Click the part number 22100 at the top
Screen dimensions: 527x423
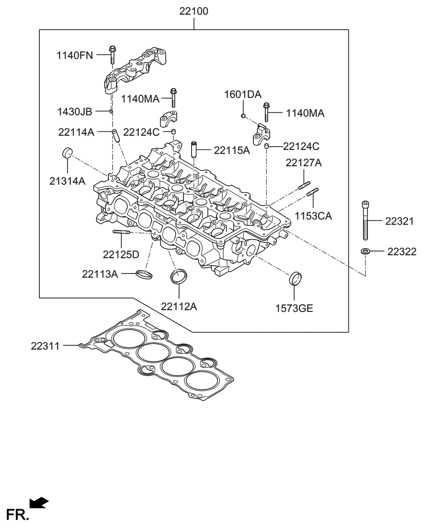point(194,11)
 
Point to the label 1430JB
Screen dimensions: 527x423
point(74,112)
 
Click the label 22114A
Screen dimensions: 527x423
point(77,132)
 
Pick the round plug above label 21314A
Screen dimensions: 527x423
point(67,153)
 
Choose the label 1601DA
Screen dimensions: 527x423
point(243,94)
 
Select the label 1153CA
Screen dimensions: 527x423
point(312,216)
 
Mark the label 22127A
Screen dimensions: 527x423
point(304,163)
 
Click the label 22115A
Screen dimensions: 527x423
point(232,150)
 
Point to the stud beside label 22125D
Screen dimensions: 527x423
point(122,233)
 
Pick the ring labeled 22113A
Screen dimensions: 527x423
point(144,275)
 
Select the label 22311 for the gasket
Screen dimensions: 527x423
point(46,345)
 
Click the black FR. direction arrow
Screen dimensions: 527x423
point(39,502)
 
